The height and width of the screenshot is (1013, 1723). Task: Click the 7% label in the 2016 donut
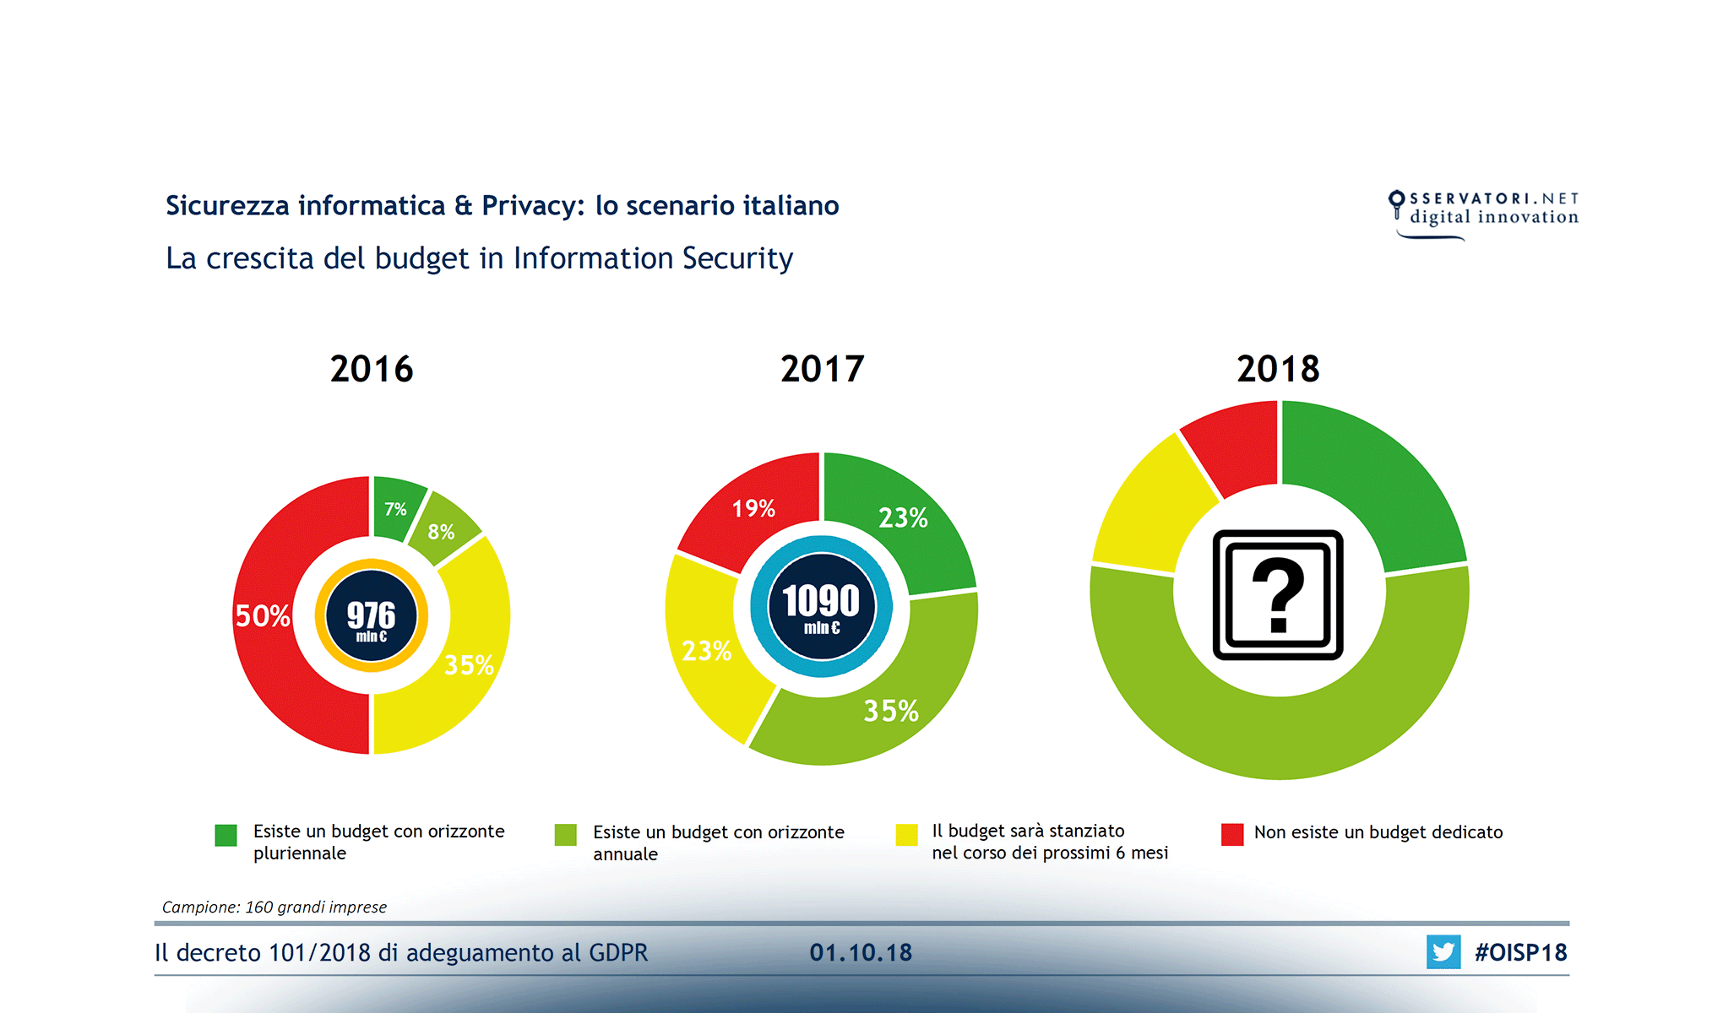[x=395, y=509]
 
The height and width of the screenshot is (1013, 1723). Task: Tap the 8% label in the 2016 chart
[x=441, y=532]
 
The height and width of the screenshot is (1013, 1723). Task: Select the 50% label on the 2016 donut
[x=262, y=616]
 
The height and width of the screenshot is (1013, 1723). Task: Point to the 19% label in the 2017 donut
[x=753, y=508]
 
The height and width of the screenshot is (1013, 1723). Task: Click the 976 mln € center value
[x=372, y=617]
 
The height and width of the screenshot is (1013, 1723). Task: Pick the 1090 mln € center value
[x=821, y=606]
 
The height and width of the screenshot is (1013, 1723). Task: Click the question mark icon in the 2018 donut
[x=1278, y=594]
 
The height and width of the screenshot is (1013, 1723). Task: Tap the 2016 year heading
[x=372, y=369]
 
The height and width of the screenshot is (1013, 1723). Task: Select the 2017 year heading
[x=822, y=369]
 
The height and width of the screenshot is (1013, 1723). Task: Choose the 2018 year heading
[x=1278, y=369]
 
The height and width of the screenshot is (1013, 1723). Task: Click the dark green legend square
[x=226, y=835]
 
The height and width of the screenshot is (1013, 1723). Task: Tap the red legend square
[x=1232, y=834]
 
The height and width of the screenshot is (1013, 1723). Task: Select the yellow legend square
[x=906, y=834]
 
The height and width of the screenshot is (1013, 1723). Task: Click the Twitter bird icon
[x=1443, y=952]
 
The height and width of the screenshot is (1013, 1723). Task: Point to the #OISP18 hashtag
[x=1520, y=952]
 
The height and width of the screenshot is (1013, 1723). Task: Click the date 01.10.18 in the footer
[x=861, y=952]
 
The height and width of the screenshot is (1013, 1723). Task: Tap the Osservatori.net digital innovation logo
[x=1483, y=211]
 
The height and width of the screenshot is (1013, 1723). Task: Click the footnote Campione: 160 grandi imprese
[x=274, y=907]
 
